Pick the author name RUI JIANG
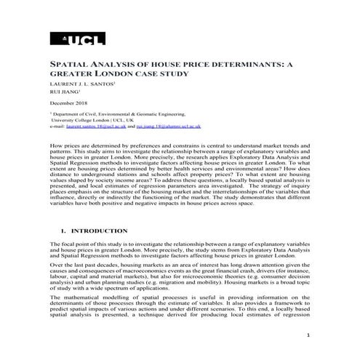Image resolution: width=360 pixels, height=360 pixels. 63,93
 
